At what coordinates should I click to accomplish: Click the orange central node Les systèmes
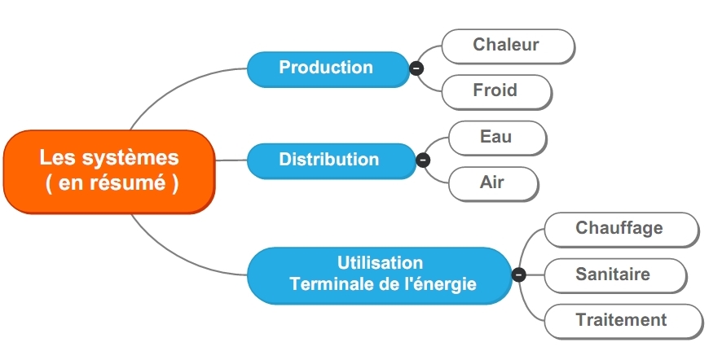pos(109,172)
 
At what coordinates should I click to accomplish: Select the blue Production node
pos(328,69)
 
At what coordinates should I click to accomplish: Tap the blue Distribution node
pos(332,160)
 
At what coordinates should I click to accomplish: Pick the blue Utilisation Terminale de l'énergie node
pos(380,275)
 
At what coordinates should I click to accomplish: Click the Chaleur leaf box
pos(508,46)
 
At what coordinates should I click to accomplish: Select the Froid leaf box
pos(497,92)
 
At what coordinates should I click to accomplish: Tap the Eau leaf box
pos(498,138)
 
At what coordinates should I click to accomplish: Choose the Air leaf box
pos(493,184)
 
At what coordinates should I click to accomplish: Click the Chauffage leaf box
pos(622,230)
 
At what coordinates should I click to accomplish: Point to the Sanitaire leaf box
pos(615,275)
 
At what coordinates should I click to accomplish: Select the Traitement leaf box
pos(623,322)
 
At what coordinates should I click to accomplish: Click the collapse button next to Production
pos(416,68)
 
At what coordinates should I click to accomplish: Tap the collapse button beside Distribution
pos(423,160)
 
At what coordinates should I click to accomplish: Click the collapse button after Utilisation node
pos(519,274)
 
